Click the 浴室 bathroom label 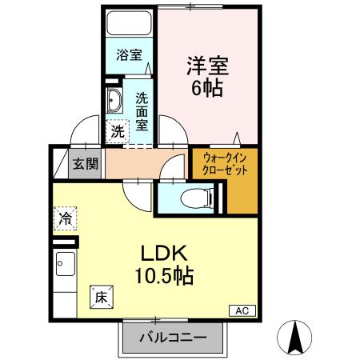(129, 55)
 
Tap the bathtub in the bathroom (130, 24)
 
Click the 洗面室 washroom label (141, 112)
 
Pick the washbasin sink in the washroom (114, 101)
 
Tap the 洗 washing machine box (117, 130)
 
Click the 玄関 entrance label (86, 164)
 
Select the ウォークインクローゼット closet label (225, 164)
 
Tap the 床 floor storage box (101, 296)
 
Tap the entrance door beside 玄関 (62, 162)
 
